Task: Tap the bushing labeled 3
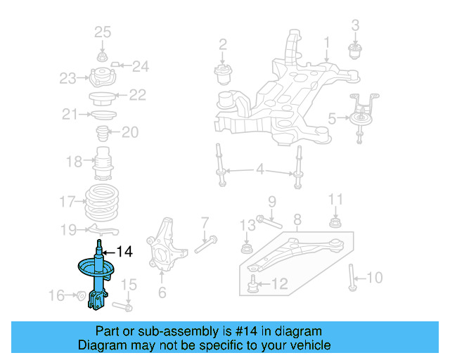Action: tap(356, 51)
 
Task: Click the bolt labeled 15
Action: tap(124, 307)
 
